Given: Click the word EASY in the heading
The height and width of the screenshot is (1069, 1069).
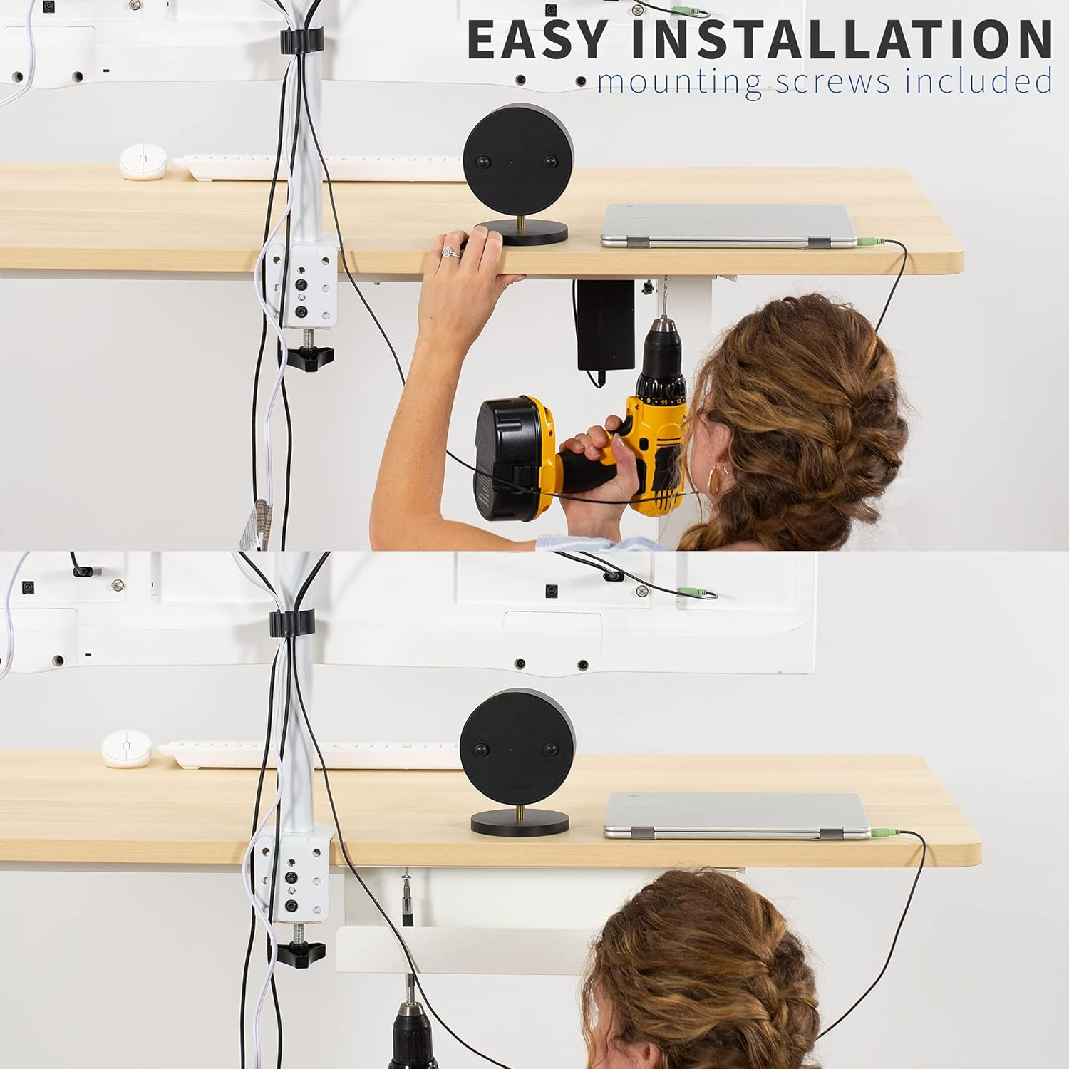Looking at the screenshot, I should pos(536,40).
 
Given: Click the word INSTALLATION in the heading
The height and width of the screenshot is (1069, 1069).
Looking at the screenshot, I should pos(841,40).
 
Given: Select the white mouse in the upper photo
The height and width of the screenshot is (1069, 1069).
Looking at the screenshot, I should pos(143,162).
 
